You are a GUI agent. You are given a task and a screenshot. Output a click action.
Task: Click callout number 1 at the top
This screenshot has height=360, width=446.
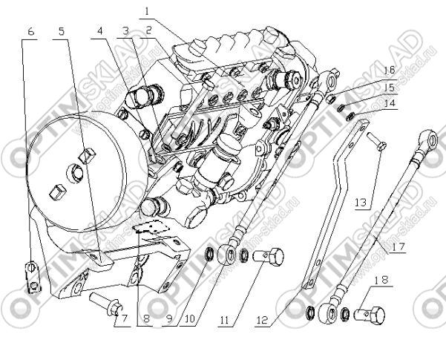[147, 11]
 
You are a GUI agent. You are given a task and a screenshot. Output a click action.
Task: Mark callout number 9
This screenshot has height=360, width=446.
[171, 321]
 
